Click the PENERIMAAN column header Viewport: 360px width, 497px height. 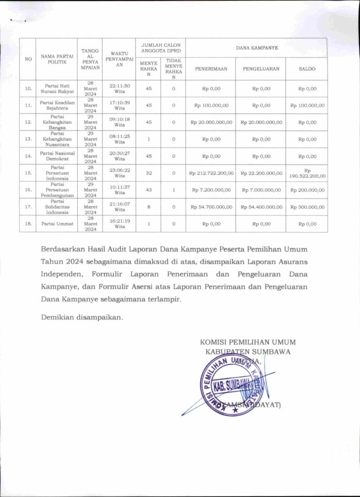[x=211, y=69]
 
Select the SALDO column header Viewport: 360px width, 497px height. [x=307, y=69]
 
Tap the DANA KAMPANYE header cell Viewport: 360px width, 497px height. [x=256, y=48]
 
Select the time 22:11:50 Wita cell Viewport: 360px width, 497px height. [x=119, y=88]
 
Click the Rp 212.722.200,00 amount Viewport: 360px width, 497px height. [x=211, y=173]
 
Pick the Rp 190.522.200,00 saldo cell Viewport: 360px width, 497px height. [x=307, y=173]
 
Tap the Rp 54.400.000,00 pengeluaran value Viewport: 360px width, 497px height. [x=261, y=207]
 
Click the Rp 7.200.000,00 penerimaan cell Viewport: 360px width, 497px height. [x=211, y=190]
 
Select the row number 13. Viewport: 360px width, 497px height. [x=29, y=139]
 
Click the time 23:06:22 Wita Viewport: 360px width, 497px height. [x=119, y=173]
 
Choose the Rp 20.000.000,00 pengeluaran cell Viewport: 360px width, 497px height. [x=261, y=122]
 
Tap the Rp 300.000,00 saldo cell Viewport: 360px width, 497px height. [x=307, y=207]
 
